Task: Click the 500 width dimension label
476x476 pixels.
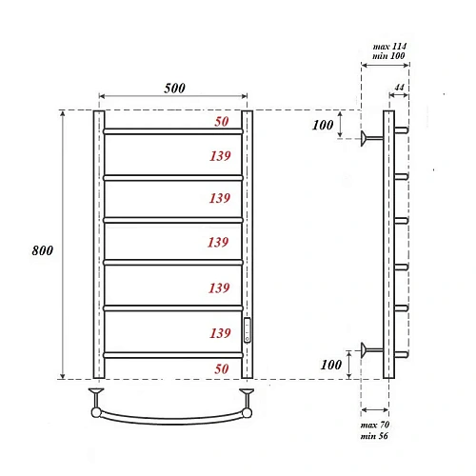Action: click(172, 88)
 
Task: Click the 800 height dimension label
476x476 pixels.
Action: click(42, 250)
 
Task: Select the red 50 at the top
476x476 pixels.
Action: click(221, 122)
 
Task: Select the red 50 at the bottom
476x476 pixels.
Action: click(221, 367)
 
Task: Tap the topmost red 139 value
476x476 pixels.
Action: click(219, 155)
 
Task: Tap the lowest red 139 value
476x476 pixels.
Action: click(219, 332)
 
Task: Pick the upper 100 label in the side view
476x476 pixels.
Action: click(323, 126)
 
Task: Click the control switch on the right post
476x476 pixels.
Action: click(248, 328)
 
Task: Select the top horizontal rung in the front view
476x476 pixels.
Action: click(172, 131)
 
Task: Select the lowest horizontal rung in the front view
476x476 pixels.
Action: click(172, 354)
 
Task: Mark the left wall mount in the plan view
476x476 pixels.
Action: click(96, 400)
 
